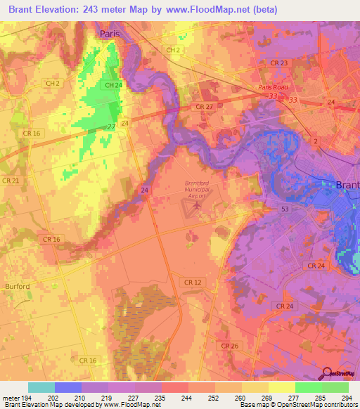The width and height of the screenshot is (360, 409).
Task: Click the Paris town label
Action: coord(110,33)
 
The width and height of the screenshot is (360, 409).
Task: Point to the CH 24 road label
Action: coord(112,85)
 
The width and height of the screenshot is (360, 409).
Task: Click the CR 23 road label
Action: coord(278,63)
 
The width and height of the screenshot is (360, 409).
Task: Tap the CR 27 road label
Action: coord(205,106)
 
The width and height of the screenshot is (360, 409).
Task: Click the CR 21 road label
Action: coord(10,181)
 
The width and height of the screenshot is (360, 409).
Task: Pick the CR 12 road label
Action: coord(192,282)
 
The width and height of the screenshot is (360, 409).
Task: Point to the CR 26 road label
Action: coord(229,346)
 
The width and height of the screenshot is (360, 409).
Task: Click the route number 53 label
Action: coord(285,209)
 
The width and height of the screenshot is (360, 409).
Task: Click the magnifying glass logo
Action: coord(327,372)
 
